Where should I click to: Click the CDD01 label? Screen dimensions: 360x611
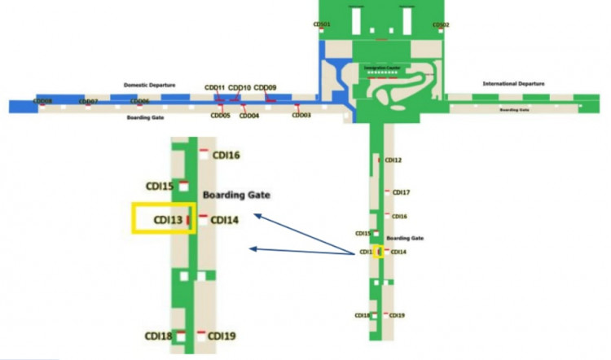[x=322, y=24]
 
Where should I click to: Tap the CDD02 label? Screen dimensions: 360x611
[x=441, y=24]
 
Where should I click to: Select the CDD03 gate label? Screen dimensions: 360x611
[x=301, y=116]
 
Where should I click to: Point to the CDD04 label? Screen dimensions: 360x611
[x=249, y=116]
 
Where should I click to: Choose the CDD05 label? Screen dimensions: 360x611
[x=220, y=116]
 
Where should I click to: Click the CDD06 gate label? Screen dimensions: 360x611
[x=139, y=101]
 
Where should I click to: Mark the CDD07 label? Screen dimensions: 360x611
[x=88, y=101]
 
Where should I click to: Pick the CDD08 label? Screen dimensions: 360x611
[x=42, y=101]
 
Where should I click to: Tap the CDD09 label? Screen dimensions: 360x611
[x=265, y=87]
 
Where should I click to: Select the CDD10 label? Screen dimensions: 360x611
[x=240, y=87]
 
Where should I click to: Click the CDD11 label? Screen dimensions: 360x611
[x=215, y=87]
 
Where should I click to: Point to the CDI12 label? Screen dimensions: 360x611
[x=393, y=160]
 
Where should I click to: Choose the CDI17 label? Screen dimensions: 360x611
[x=401, y=193]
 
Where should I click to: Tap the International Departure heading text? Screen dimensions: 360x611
[x=513, y=84]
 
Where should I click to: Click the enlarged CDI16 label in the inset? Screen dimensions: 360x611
[x=226, y=155]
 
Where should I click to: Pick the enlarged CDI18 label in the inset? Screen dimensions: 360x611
[x=159, y=336]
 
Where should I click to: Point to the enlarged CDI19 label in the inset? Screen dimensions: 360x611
[x=222, y=336]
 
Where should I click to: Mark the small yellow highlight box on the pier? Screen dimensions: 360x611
[x=379, y=251]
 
